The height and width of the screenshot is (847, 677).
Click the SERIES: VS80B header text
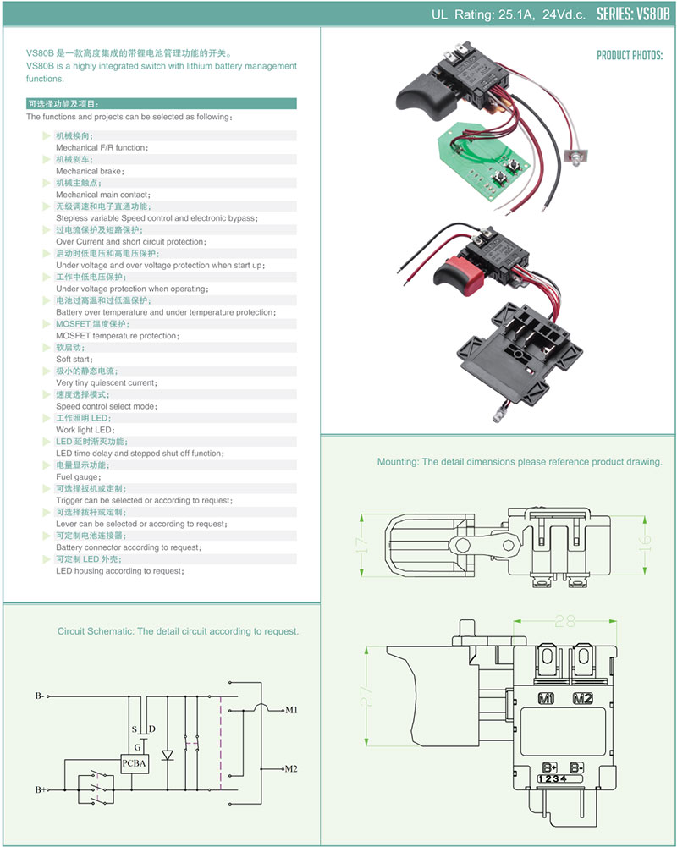click(x=633, y=14)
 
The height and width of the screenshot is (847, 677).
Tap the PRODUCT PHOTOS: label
click(x=630, y=55)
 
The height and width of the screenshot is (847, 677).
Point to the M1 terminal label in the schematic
click(x=292, y=709)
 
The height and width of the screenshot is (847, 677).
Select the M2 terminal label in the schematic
click(x=292, y=769)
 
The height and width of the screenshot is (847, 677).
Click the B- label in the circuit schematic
click(x=40, y=696)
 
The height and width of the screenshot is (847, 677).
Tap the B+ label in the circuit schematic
click(x=40, y=789)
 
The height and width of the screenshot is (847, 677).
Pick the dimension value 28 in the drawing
click(x=565, y=621)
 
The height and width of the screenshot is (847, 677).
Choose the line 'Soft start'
click(x=74, y=360)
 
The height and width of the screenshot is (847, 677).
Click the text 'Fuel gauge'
click(x=78, y=477)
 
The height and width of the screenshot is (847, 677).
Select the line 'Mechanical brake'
click(x=90, y=171)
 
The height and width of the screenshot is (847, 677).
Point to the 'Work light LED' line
click(x=85, y=430)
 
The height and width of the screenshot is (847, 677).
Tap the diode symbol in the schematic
click(x=167, y=754)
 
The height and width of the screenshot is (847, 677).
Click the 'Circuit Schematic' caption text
click(x=178, y=631)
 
